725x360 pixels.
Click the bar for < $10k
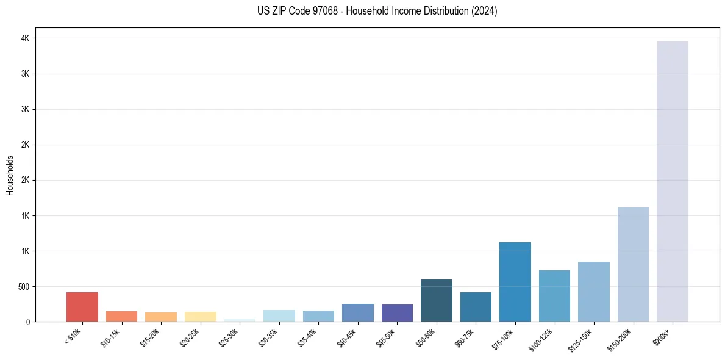click(x=82, y=307)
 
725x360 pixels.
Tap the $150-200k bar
click(x=633, y=264)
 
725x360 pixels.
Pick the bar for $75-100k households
click(x=515, y=282)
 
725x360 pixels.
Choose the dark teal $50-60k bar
click(x=437, y=300)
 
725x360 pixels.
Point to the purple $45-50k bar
click(x=397, y=313)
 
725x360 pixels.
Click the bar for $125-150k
click(x=594, y=292)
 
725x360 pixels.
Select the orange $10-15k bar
click(x=121, y=316)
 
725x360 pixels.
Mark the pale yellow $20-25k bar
click(x=201, y=317)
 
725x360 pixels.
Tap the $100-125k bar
click(x=554, y=296)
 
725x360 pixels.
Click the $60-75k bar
click(x=476, y=307)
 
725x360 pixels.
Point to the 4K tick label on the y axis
click(x=26, y=38)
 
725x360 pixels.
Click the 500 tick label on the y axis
click(x=23, y=287)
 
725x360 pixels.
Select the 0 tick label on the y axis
click(x=28, y=322)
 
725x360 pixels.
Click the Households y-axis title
click(x=10, y=175)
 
